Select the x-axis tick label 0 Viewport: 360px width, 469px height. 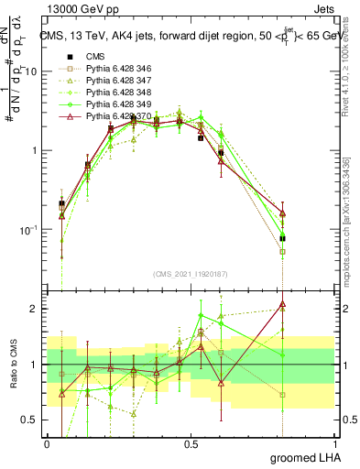tap(47, 443)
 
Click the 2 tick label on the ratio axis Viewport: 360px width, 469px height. tap(35, 309)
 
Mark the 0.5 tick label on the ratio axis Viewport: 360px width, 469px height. tap(31, 420)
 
